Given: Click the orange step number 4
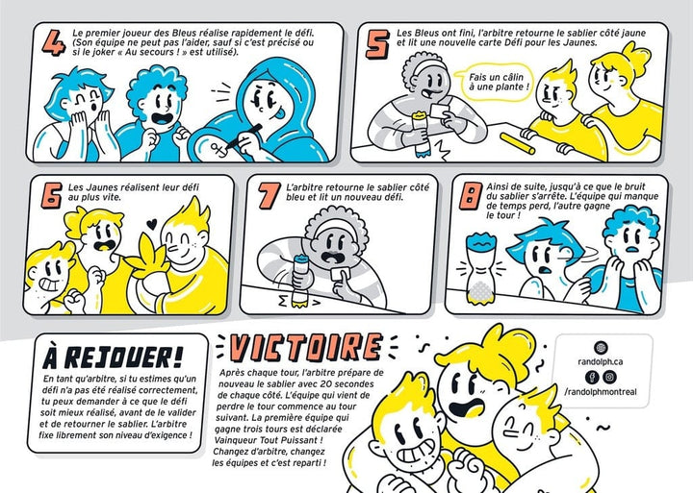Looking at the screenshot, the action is tap(54, 42).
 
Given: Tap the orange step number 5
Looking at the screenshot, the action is tap(378, 43).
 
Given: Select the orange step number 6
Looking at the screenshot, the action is tap(52, 195).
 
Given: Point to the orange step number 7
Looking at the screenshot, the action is tap(269, 195).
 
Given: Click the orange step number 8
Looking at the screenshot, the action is tap(471, 196).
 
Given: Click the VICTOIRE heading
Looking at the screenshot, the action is tap(306, 347).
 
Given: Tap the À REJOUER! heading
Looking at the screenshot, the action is tap(114, 357).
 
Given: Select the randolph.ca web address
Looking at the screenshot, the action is tap(601, 361).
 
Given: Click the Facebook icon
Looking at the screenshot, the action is tap(592, 377).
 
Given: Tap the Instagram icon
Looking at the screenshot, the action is tap(609, 377).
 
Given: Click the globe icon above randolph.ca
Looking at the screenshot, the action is tap(601, 347).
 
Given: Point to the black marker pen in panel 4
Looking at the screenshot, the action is tap(244, 136).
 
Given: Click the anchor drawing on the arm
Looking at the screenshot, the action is tap(218, 148).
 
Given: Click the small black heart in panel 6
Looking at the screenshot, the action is tap(152, 224).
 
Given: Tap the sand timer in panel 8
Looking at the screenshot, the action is tap(481, 270).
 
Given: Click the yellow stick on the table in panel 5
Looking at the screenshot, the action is tap(518, 143).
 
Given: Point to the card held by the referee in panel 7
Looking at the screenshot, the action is tap(341, 274).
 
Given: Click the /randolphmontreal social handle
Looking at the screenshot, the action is tap(601, 391).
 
